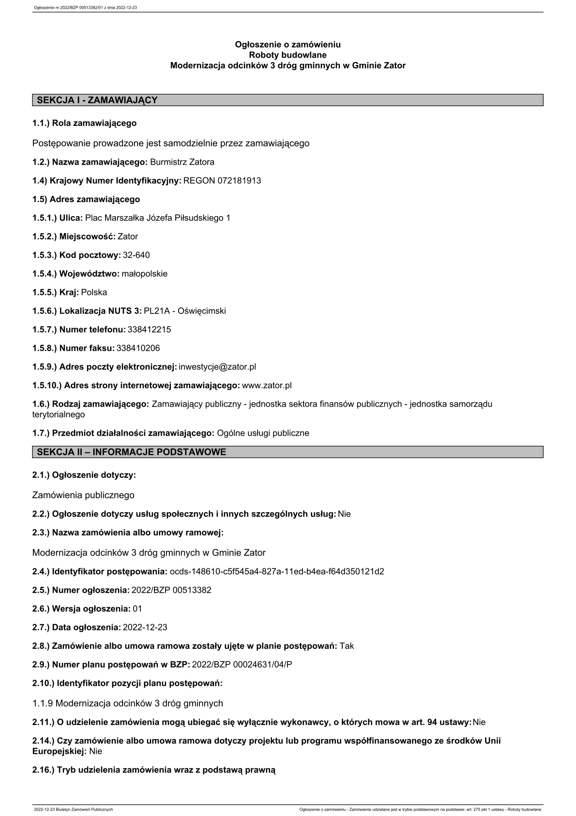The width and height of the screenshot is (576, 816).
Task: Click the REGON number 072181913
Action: [x=222, y=181]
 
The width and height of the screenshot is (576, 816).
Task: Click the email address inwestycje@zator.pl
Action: [x=217, y=367]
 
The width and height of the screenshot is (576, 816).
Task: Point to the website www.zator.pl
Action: [x=267, y=386]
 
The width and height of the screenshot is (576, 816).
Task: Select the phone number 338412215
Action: [x=149, y=330]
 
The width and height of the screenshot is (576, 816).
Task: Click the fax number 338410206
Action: [x=138, y=348]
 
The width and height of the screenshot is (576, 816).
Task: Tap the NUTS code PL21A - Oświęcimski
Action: [x=185, y=311]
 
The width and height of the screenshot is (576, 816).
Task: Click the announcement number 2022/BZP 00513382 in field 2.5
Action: [x=171, y=590]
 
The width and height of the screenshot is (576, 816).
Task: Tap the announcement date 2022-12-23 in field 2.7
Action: [x=145, y=628]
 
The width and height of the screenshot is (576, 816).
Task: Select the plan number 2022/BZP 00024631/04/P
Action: [x=242, y=665]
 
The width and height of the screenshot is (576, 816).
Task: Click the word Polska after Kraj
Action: [x=94, y=293]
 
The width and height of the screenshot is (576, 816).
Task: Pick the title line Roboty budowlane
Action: [x=288, y=55]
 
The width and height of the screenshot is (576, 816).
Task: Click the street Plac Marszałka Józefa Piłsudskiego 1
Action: [x=158, y=218]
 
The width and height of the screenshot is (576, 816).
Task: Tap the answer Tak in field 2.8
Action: [x=347, y=646]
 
